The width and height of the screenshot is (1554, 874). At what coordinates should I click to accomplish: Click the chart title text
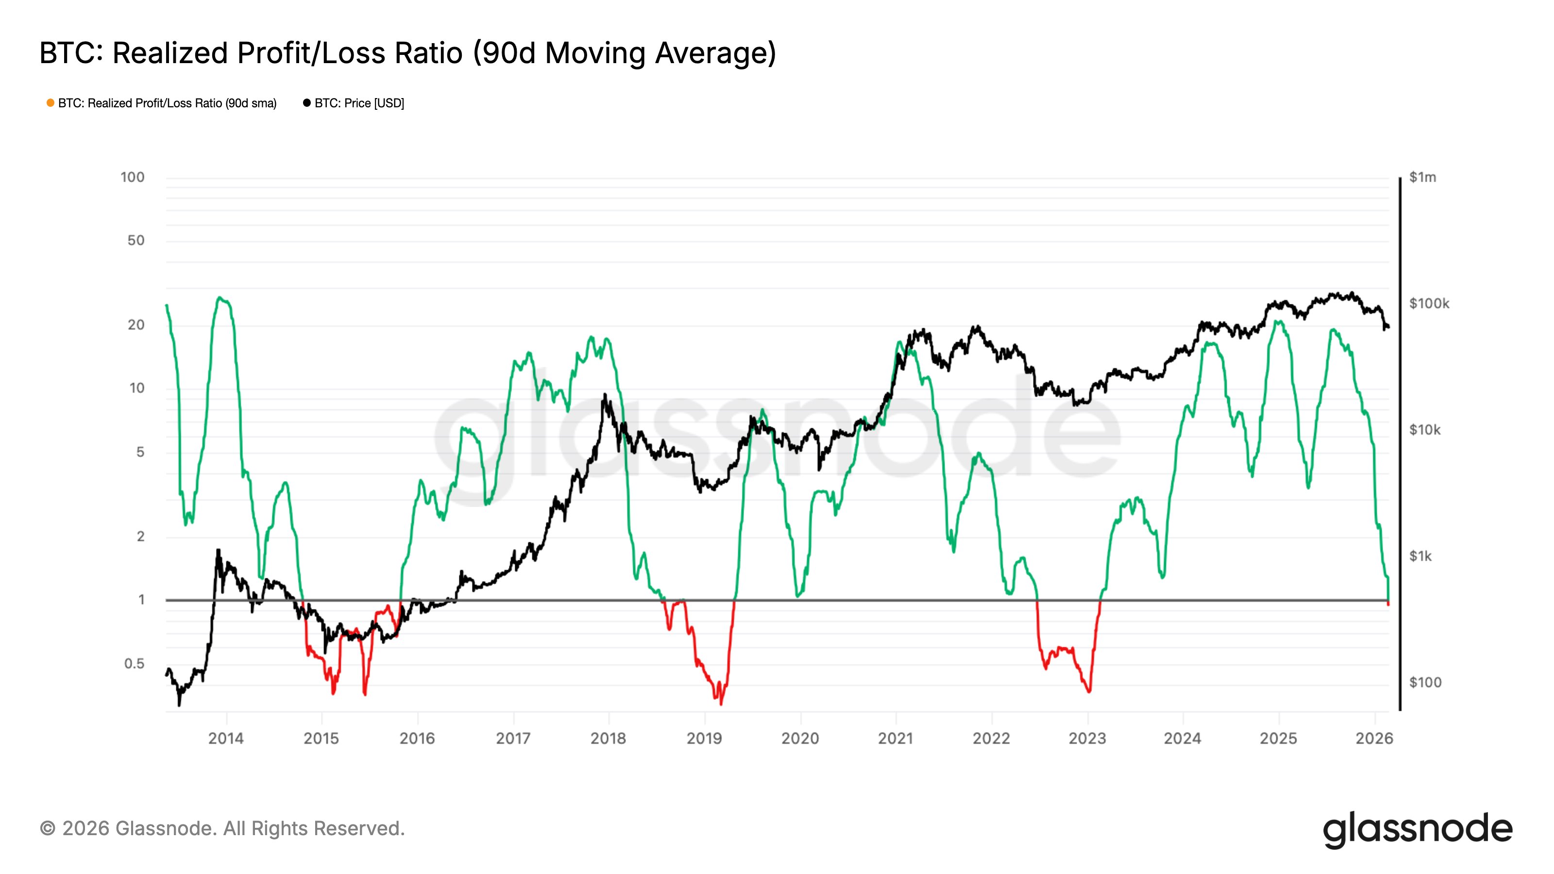[407, 53]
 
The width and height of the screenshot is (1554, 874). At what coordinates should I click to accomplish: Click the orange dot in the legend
[51, 103]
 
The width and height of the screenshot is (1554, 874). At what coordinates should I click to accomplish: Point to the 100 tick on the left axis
[132, 177]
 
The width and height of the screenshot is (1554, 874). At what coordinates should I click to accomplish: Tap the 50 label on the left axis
[136, 241]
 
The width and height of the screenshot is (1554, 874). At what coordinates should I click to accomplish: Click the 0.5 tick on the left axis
[134, 663]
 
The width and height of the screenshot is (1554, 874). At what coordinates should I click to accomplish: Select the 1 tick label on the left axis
[141, 600]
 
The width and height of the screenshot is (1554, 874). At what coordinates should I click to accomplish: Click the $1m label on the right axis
[1422, 177]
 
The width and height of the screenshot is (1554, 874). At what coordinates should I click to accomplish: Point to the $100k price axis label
[1429, 303]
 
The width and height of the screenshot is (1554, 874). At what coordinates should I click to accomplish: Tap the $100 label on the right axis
[1425, 682]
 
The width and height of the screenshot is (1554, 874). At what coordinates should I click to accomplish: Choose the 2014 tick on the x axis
[226, 738]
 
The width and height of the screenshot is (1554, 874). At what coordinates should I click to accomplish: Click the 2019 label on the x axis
[704, 738]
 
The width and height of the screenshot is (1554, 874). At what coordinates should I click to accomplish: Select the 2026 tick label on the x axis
[1374, 738]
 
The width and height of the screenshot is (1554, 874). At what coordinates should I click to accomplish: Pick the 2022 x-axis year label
[991, 738]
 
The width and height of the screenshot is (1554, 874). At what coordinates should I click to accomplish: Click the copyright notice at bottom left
[222, 828]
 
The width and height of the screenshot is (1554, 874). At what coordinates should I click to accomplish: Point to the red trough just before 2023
[1088, 691]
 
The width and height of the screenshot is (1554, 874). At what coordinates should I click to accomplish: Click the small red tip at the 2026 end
[1388, 603]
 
